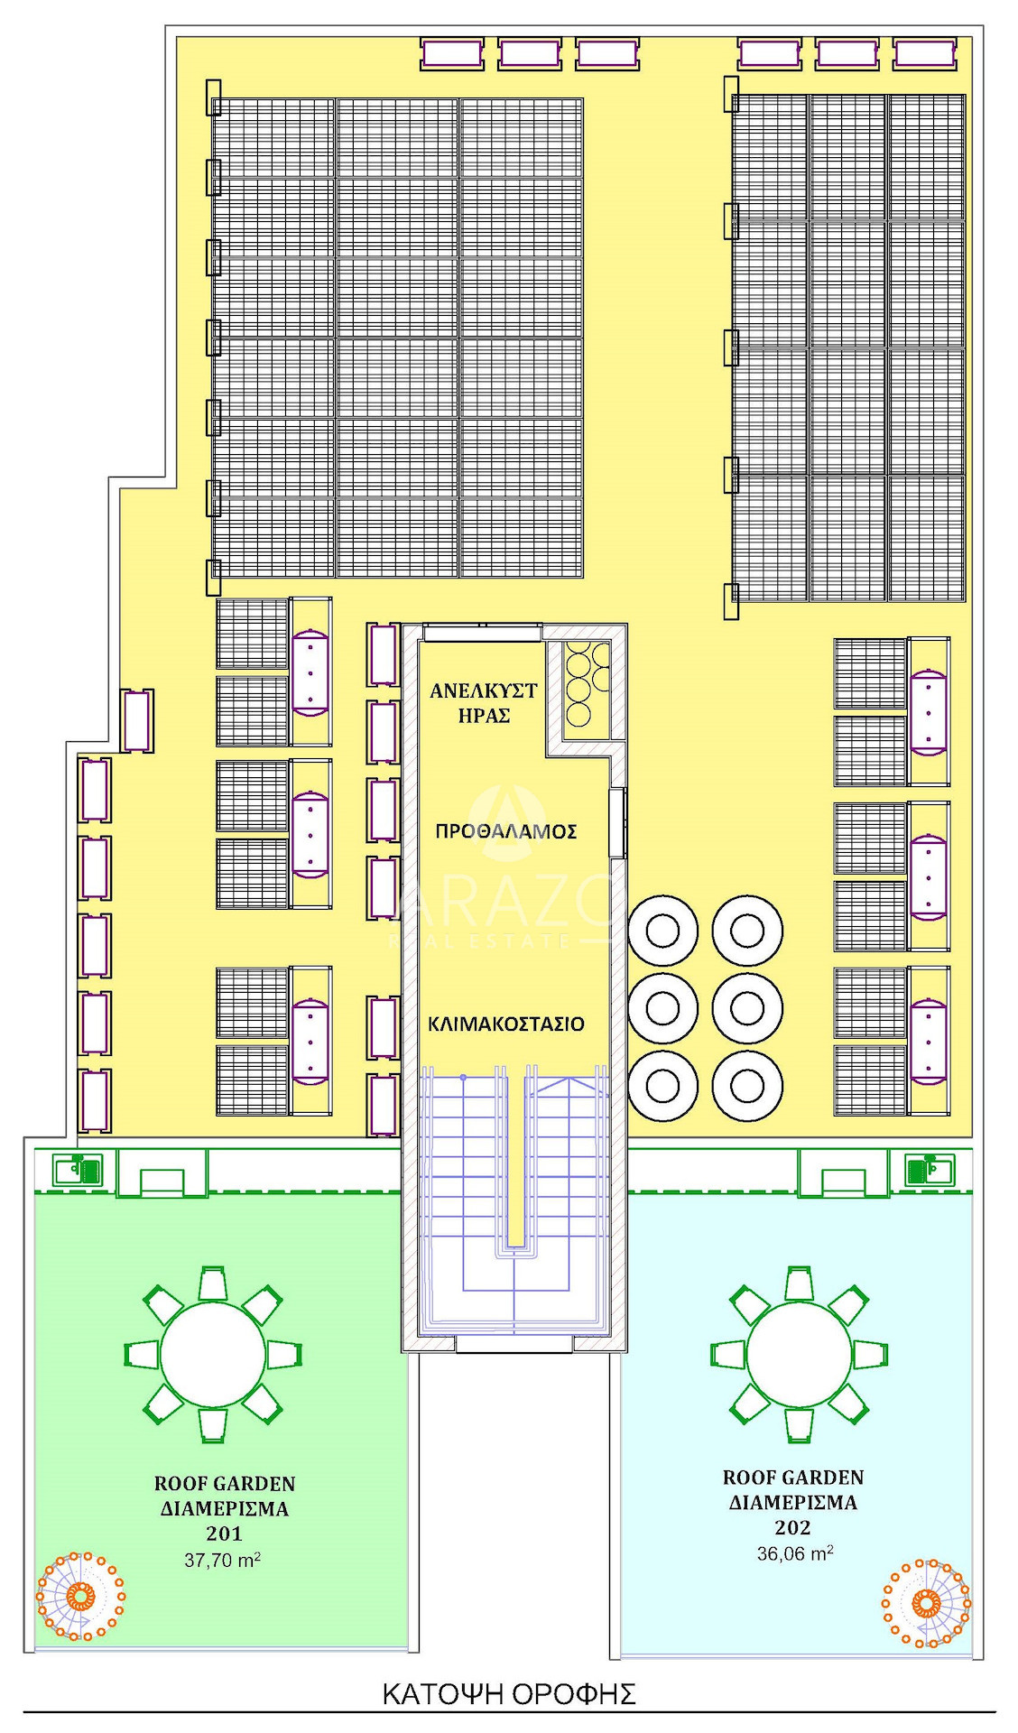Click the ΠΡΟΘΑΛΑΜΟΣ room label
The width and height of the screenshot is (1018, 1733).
(x=505, y=831)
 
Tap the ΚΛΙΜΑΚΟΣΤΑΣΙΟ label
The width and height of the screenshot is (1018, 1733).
(x=506, y=1024)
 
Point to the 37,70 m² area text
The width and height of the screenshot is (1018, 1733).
(x=223, y=1559)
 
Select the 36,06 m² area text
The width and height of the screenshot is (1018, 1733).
(x=795, y=1552)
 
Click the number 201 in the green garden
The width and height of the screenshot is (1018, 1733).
(x=224, y=1533)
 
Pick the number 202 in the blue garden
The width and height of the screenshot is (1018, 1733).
(x=792, y=1527)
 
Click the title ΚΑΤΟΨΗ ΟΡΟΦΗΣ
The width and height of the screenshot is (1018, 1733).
(x=509, y=1693)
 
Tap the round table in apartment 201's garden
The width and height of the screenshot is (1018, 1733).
(x=213, y=1354)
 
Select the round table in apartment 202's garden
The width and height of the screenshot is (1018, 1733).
(x=800, y=1354)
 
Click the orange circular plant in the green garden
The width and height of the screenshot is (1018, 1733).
(x=80, y=1596)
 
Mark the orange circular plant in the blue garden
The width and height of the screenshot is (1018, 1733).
(x=927, y=1602)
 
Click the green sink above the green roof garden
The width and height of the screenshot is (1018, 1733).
(x=79, y=1170)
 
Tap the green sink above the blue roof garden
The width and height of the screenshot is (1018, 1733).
(x=930, y=1170)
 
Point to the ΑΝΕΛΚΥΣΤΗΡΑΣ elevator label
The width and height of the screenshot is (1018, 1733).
(x=484, y=703)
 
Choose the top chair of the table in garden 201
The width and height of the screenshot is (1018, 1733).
(x=213, y=1283)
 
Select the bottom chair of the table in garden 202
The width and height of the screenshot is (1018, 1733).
(x=800, y=1425)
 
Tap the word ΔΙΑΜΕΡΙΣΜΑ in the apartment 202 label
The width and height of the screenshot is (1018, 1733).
(x=793, y=1503)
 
